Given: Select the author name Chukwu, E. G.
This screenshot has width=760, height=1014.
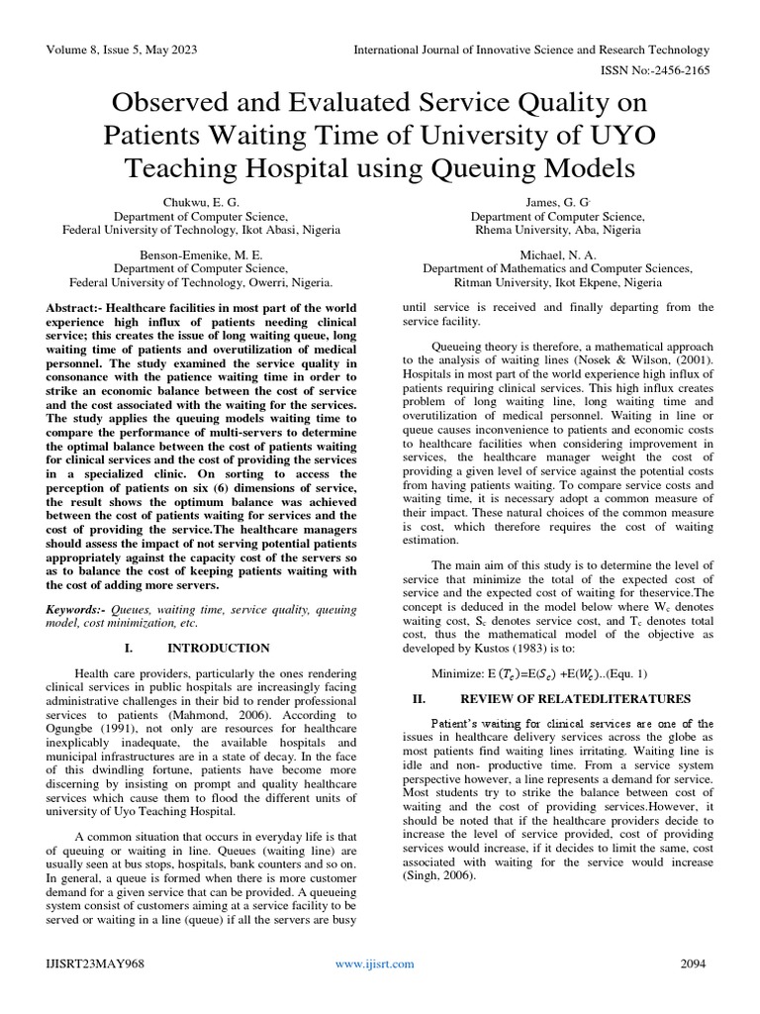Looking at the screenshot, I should [201, 202].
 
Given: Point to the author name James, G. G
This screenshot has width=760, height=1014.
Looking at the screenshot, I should [557, 202].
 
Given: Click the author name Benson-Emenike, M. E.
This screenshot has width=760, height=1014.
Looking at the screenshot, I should [201, 253].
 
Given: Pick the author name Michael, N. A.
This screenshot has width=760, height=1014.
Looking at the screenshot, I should [557, 253].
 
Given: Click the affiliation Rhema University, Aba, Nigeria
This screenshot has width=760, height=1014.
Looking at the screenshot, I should [557, 230].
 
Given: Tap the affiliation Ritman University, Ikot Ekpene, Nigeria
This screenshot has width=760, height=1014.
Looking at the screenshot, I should [557, 281].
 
